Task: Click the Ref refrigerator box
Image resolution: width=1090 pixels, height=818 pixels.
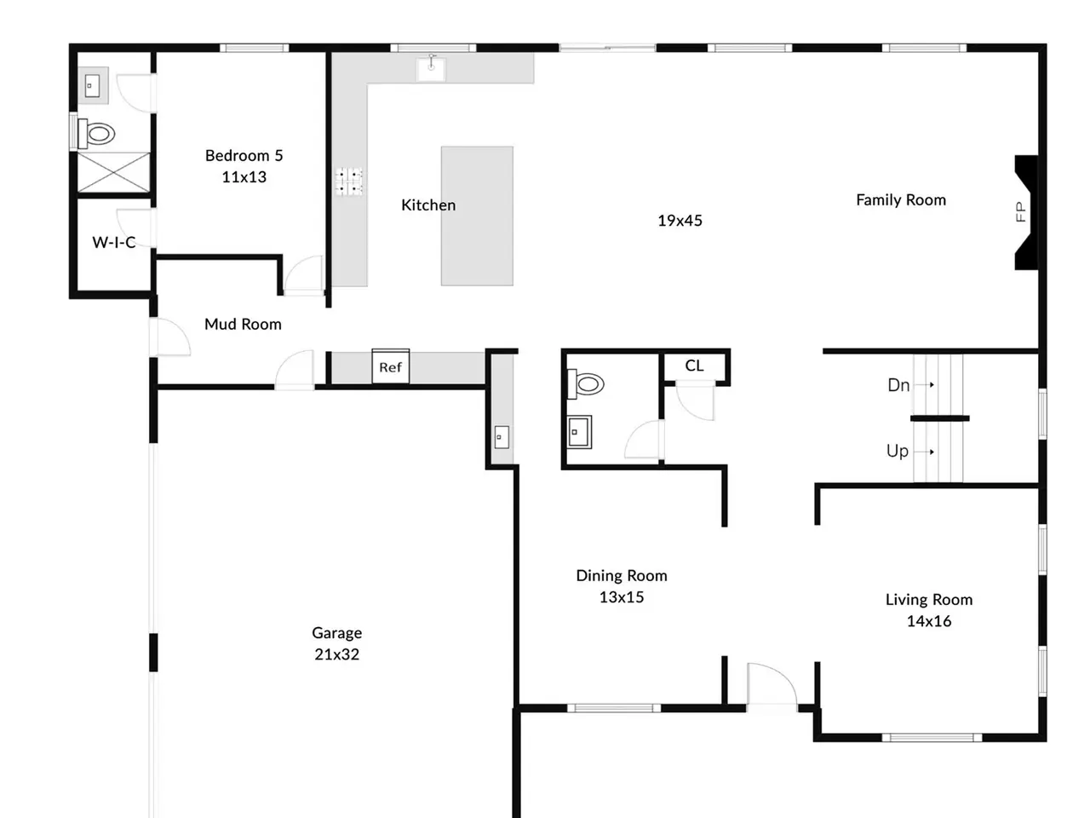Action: (390, 366)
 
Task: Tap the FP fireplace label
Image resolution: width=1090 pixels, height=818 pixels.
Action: (1020, 212)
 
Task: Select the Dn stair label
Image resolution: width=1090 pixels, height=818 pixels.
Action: (898, 385)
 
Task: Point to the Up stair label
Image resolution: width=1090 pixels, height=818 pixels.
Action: (898, 451)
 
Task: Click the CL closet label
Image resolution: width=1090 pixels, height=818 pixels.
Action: (694, 366)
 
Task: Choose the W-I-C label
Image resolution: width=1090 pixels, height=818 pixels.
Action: (114, 242)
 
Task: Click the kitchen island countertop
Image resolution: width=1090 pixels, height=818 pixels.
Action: (477, 216)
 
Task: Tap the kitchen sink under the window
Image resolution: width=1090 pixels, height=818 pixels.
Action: (431, 69)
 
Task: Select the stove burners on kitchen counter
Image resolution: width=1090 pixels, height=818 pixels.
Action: (348, 181)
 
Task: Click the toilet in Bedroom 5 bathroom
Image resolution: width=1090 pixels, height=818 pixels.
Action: (96, 134)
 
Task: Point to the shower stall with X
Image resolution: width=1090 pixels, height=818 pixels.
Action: (114, 172)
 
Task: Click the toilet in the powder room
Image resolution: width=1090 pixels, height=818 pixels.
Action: (586, 384)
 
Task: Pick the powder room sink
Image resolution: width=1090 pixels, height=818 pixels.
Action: (579, 432)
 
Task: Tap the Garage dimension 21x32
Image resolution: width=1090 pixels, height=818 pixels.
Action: (336, 654)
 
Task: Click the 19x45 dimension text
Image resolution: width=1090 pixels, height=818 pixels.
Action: (680, 221)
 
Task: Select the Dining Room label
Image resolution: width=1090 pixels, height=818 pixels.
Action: (622, 575)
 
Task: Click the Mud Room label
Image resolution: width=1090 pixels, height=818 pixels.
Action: (243, 324)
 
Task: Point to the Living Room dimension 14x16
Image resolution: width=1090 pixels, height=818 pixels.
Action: (928, 621)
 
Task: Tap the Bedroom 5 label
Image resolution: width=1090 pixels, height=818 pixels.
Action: (244, 155)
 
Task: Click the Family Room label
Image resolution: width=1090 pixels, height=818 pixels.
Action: (901, 199)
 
